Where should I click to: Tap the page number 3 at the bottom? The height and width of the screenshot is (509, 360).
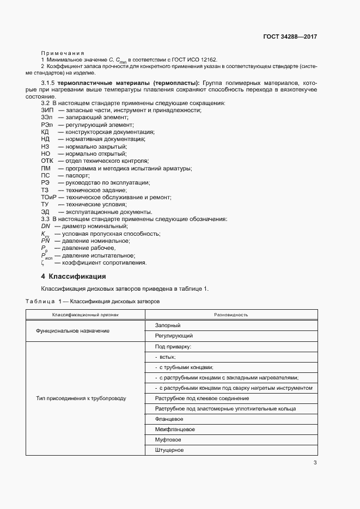pos(315,463)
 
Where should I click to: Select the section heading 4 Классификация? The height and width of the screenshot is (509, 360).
pos(74,276)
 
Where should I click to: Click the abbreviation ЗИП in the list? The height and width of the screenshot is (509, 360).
pos(47,111)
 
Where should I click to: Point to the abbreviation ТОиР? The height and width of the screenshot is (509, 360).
pos(48,197)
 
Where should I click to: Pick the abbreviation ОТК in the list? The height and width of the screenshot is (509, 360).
pos(47,161)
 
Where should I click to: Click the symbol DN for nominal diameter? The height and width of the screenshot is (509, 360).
pos(45,226)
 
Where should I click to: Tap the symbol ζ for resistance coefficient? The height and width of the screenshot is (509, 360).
pos(43,263)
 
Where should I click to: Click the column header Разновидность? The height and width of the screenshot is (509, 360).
pos(231,315)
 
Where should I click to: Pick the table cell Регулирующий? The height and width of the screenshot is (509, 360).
pos(174,336)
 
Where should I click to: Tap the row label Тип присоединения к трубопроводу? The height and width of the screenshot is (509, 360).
pos(81,398)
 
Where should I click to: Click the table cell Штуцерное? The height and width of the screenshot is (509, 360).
pos(169,450)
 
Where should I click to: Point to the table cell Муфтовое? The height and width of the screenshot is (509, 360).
pos(168,440)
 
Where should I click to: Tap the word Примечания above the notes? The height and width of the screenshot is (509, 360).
pos(62,52)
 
